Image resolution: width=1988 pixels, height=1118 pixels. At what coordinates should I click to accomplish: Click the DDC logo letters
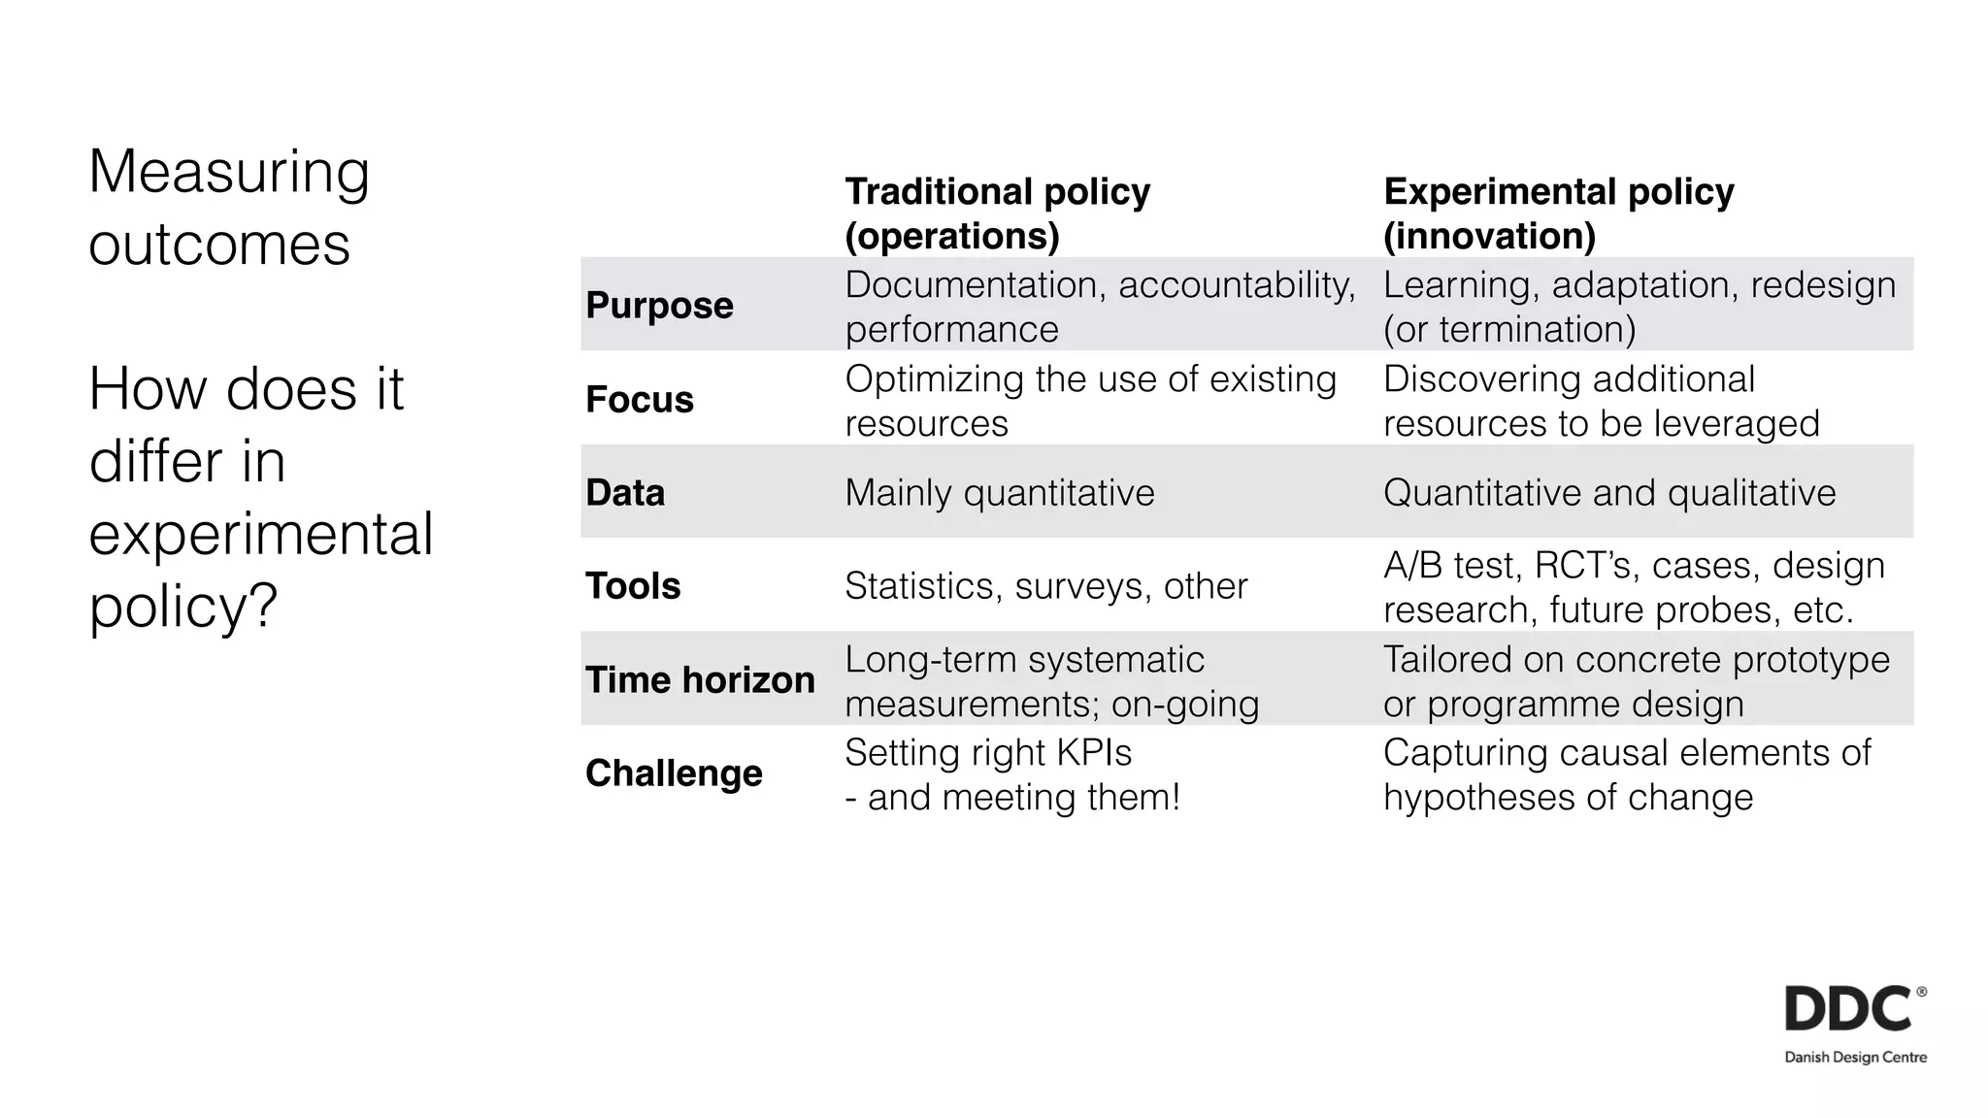click(x=1848, y=1009)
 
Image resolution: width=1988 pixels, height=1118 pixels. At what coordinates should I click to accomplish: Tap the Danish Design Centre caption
click(x=1855, y=1057)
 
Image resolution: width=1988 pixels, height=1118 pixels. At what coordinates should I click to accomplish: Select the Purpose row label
click(x=659, y=306)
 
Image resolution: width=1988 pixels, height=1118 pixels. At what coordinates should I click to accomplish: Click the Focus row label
click(x=639, y=400)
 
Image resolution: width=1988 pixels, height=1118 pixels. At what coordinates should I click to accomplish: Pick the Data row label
click(x=624, y=493)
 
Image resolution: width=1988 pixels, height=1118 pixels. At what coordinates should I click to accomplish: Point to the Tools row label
click(x=632, y=586)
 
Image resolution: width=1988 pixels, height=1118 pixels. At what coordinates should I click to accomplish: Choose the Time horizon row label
click(x=699, y=679)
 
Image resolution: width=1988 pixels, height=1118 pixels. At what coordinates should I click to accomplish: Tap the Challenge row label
click(x=673, y=773)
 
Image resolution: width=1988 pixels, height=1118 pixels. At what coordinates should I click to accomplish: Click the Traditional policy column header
click(x=997, y=213)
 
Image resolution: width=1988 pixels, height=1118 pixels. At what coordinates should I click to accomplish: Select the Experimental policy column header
click(x=1558, y=213)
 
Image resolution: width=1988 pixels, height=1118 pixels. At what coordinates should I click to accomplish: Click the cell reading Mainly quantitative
click(x=999, y=493)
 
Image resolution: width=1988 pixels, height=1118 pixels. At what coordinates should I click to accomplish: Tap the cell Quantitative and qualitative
click(x=1608, y=493)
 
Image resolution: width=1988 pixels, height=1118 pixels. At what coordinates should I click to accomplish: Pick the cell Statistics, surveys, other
click(x=1044, y=586)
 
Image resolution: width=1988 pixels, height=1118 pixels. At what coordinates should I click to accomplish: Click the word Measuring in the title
click(x=228, y=173)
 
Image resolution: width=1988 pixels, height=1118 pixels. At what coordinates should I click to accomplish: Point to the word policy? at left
click(x=182, y=606)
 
